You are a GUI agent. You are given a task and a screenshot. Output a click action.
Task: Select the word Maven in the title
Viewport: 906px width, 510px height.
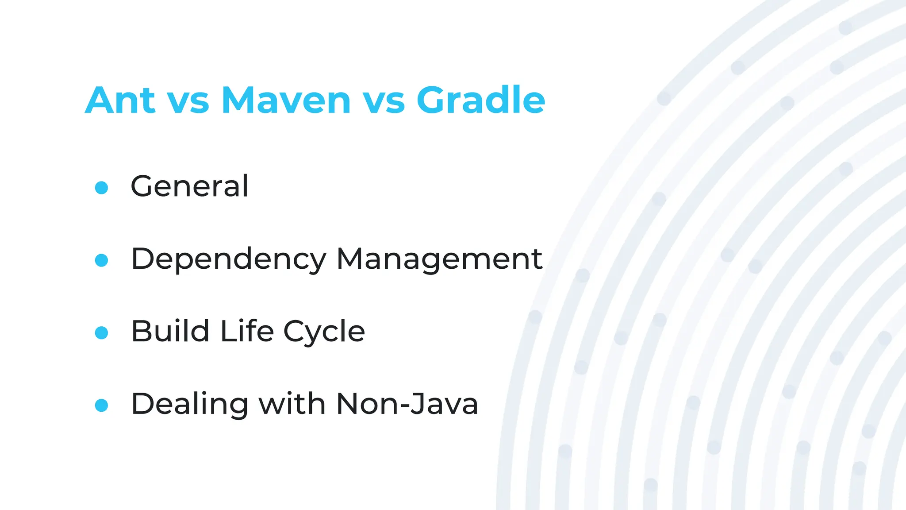click(x=286, y=100)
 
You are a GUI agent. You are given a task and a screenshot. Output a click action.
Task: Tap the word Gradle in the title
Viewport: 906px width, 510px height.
click(x=480, y=100)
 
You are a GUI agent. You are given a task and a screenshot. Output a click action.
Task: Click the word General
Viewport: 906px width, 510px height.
click(x=189, y=186)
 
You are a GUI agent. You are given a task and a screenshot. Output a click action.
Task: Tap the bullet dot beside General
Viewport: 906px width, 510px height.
click(x=101, y=188)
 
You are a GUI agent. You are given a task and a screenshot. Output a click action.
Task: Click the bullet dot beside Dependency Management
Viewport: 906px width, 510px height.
click(x=101, y=260)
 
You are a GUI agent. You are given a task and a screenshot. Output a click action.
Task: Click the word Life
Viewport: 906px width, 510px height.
click(x=247, y=331)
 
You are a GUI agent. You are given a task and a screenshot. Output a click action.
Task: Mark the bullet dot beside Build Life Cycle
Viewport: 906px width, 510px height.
click(x=101, y=333)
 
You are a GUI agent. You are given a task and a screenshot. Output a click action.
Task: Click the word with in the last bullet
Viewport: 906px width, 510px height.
click(x=292, y=404)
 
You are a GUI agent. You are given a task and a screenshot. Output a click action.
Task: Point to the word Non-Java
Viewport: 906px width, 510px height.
click(x=407, y=404)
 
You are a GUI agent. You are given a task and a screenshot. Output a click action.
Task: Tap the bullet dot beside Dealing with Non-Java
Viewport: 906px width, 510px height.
click(x=101, y=405)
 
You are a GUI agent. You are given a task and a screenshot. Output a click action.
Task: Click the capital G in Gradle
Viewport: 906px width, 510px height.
click(x=433, y=100)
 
